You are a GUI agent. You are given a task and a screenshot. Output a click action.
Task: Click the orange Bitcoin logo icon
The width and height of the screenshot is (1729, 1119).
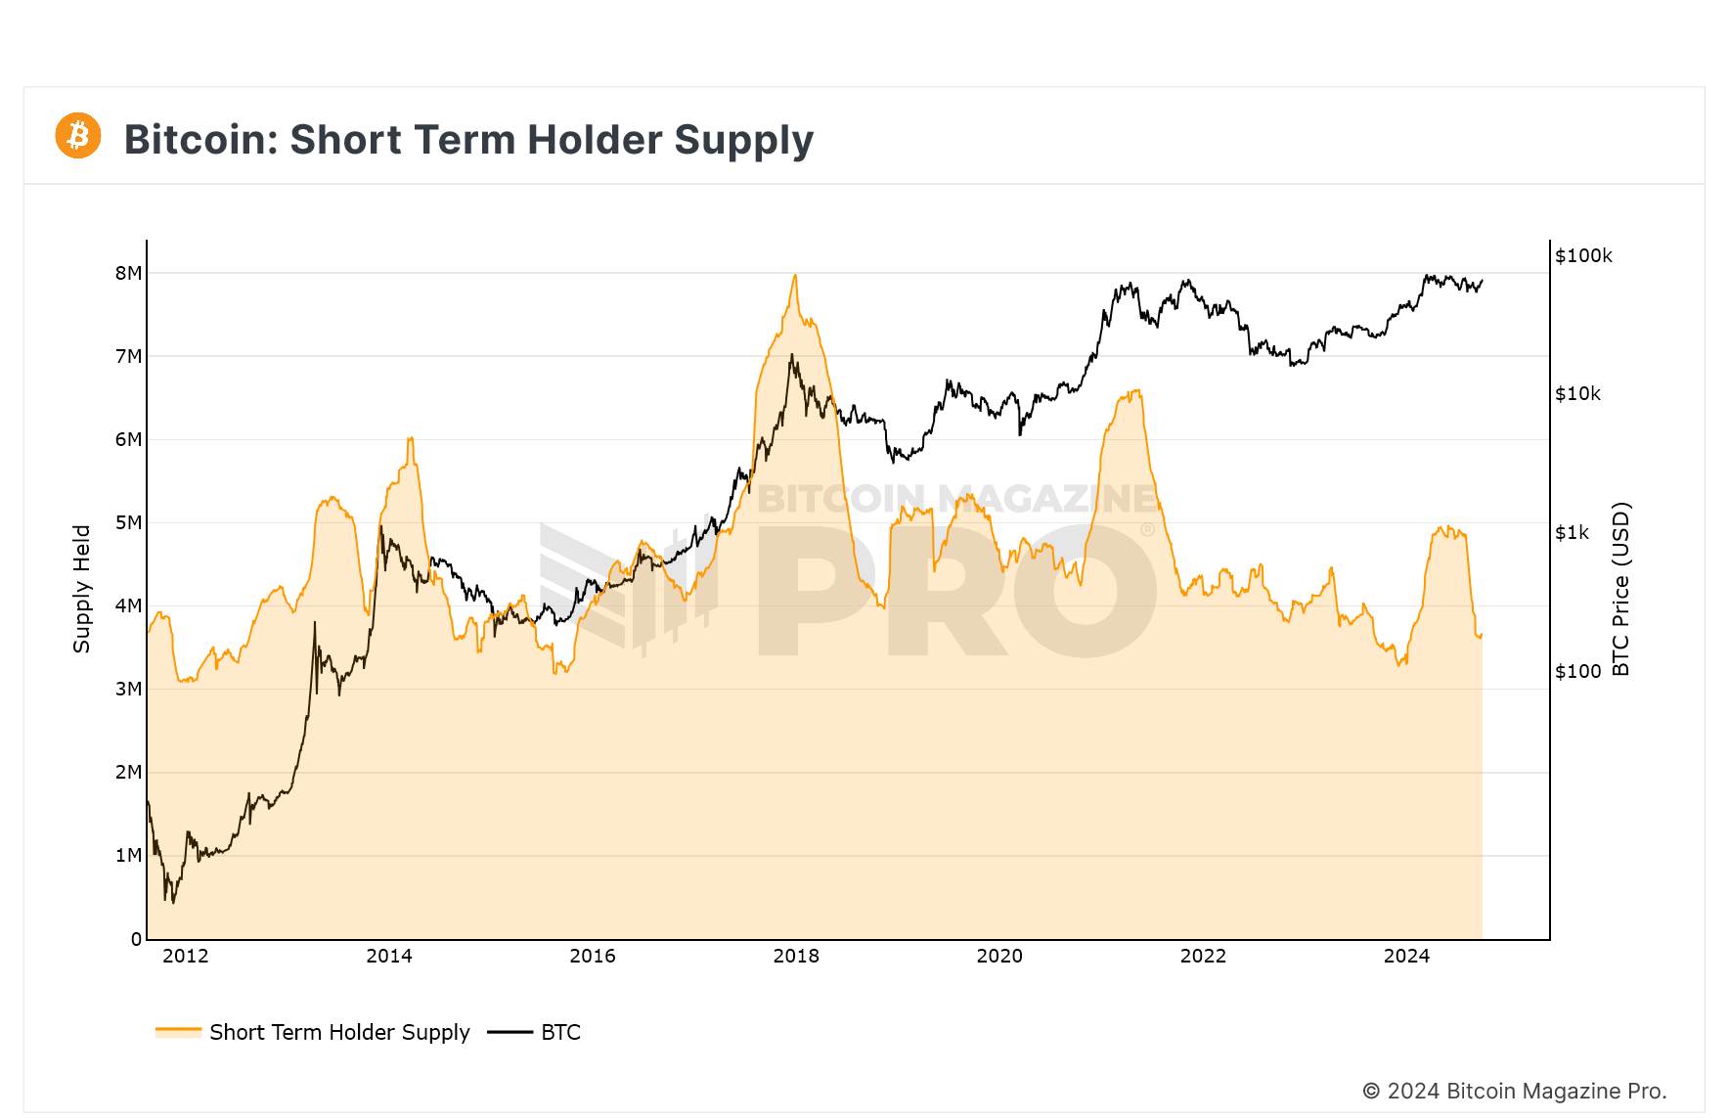(x=78, y=135)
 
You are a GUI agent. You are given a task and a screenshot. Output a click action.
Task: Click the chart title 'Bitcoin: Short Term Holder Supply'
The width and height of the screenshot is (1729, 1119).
(x=468, y=140)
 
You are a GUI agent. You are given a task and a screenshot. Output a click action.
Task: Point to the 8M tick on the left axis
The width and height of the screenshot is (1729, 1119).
(x=128, y=273)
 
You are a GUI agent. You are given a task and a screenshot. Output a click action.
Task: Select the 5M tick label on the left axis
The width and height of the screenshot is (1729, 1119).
(x=128, y=522)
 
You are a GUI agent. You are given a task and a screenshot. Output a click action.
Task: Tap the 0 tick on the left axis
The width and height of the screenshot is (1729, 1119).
(x=136, y=939)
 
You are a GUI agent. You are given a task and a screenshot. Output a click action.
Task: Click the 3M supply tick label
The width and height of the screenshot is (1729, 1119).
(x=128, y=689)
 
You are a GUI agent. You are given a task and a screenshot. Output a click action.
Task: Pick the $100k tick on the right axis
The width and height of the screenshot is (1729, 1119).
(x=1583, y=255)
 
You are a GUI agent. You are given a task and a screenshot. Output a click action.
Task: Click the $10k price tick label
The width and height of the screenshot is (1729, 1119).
(x=1578, y=393)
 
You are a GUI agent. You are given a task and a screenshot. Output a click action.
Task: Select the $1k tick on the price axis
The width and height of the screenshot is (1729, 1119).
(x=1573, y=532)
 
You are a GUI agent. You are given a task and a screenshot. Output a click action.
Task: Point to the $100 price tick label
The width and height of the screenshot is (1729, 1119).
(x=1577, y=671)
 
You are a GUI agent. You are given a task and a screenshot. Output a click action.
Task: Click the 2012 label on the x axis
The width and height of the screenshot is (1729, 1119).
(x=186, y=956)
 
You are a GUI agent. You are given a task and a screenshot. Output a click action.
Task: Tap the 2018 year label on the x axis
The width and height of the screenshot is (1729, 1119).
(x=796, y=956)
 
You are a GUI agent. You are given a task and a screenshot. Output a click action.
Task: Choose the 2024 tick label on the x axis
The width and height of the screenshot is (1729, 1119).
(x=1406, y=956)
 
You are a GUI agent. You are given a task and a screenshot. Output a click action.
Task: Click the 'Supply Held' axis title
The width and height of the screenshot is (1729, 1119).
(x=81, y=589)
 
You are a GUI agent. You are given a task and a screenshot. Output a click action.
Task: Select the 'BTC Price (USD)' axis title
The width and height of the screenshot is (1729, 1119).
(x=1620, y=589)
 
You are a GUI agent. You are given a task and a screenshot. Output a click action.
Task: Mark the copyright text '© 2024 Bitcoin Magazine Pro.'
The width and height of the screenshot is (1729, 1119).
(x=1514, y=1091)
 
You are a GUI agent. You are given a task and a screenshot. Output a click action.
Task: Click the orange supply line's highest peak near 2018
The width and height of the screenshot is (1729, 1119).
(x=795, y=276)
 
